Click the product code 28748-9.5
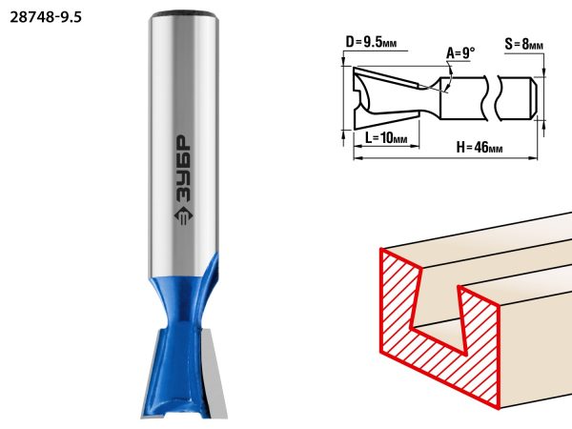[x=46, y=17]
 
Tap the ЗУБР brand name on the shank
[x=183, y=168]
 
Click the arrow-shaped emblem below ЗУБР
[x=183, y=216]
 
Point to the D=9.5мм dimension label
[x=371, y=42]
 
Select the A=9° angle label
[x=460, y=53]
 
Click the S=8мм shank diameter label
[x=523, y=44]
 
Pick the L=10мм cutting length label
[x=386, y=138]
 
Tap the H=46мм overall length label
[x=480, y=148]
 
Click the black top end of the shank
[x=183, y=14]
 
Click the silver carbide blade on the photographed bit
[x=214, y=372]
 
